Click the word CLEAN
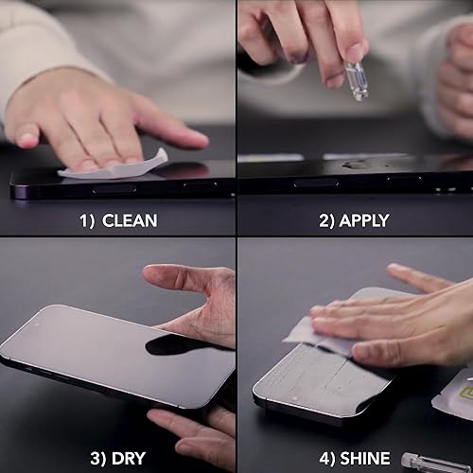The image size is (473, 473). (x=130, y=222)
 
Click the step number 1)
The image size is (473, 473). (x=87, y=222)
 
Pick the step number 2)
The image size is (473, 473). (x=326, y=222)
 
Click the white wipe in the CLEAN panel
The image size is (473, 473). (x=114, y=166)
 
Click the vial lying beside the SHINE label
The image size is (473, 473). (x=435, y=463)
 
